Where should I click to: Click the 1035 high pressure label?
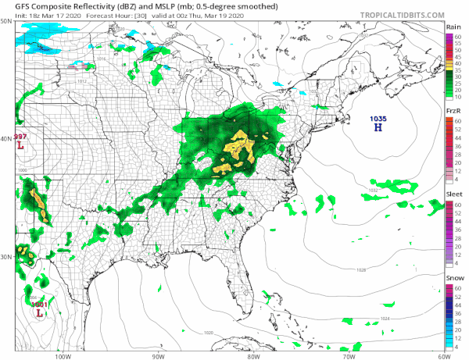point(378,118)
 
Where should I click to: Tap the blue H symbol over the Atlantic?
point(378,127)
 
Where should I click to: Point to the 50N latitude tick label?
point(7,22)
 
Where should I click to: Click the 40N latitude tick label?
point(7,140)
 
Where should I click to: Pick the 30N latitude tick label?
point(7,257)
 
